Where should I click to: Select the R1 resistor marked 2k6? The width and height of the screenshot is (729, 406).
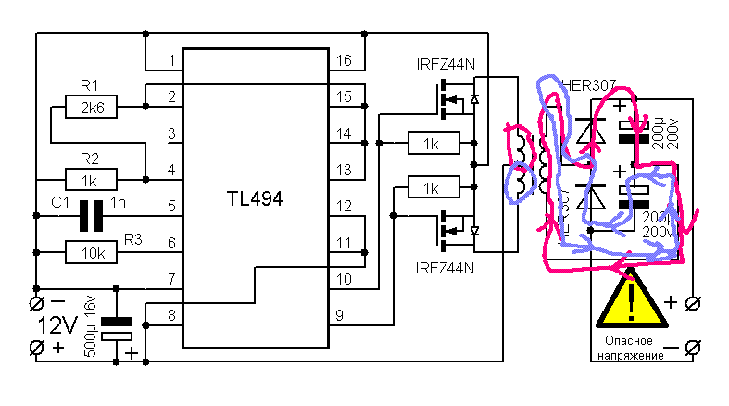92,108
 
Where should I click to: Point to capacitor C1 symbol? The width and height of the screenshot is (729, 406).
91,215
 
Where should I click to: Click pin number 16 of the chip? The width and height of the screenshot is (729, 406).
344,61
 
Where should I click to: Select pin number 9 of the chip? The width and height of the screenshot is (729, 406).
339,315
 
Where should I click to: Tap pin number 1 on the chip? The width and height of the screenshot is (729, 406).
172,61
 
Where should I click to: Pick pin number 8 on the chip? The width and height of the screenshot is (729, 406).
172,315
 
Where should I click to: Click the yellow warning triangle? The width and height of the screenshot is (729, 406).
631,299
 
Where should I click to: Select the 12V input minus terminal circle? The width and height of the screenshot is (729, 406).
37,303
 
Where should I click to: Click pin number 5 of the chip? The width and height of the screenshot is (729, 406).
172,205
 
